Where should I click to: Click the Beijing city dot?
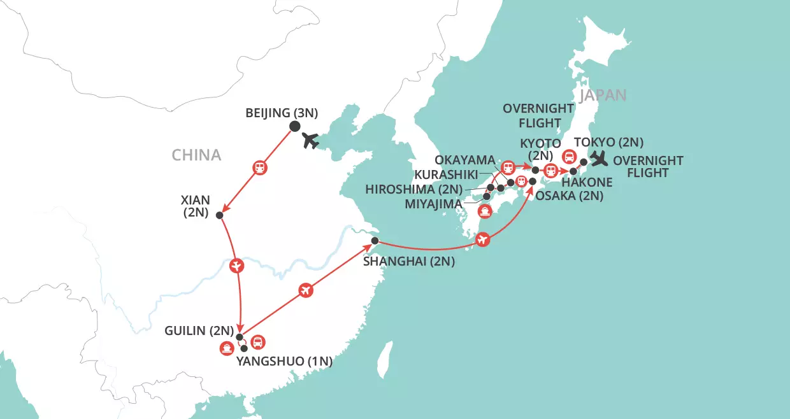point(294,126)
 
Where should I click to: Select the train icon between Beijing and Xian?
point(260,168)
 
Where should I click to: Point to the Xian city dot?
point(220,215)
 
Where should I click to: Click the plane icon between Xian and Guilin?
point(237,264)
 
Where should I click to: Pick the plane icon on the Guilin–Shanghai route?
point(306,290)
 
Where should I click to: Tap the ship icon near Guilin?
point(227,348)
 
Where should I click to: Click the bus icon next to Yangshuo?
point(257,342)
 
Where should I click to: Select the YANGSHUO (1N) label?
point(285,362)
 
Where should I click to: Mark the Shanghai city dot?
point(375,241)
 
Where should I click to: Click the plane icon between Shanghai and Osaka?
point(482,239)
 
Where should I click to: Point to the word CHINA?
point(196,155)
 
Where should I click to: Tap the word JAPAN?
point(603,95)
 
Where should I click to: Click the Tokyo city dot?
point(584,162)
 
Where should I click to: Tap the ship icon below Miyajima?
point(485,211)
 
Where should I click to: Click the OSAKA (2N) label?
point(568,196)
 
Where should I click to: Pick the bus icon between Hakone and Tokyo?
point(569,156)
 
